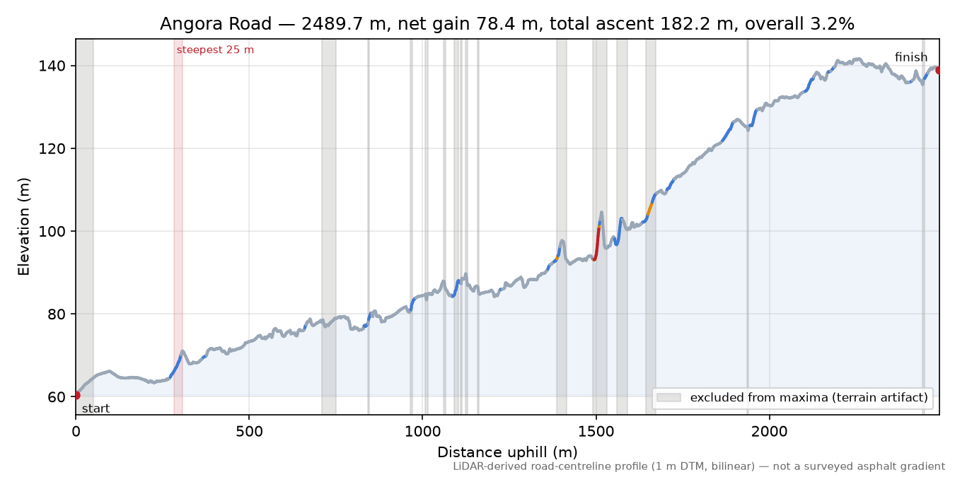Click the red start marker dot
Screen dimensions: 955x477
point(76,395)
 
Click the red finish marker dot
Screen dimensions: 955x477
point(938,70)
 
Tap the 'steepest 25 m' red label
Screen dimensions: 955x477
point(215,50)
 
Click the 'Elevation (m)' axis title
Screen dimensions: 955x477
point(23,227)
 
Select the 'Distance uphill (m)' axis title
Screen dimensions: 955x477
point(507,452)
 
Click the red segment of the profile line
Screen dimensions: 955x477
point(597,243)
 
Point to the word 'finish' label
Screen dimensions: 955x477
point(911,57)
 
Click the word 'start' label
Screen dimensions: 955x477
point(96,409)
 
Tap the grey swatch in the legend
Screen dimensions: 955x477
point(668,397)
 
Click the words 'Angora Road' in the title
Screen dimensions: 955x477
point(216,24)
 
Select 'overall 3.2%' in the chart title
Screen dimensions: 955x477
point(799,24)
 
